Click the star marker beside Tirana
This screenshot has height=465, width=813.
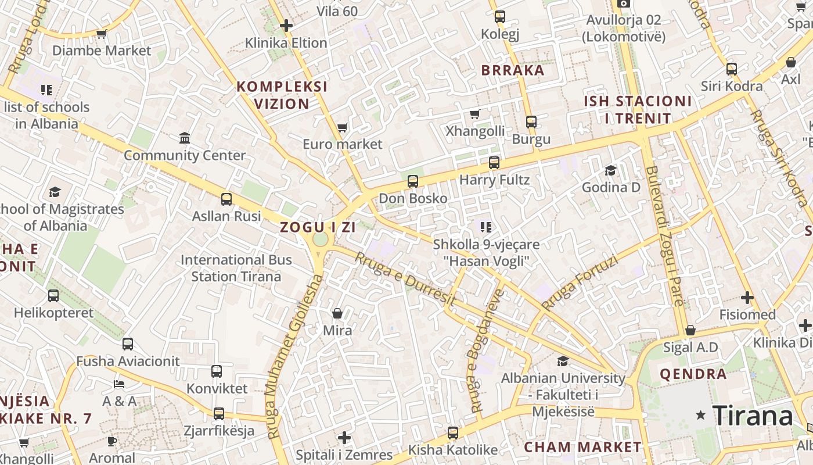point(702,415)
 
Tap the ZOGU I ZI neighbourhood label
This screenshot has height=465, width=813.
point(318,227)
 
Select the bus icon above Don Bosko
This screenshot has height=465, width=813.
point(413,181)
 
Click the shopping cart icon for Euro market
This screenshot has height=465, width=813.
point(342,127)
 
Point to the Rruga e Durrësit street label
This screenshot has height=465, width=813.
point(405,280)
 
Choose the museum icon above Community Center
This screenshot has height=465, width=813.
point(185,138)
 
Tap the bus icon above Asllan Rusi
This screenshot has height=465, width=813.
point(226,199)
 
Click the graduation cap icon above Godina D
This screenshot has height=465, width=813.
point(610,170)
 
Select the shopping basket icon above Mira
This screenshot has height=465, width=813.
point(337,314)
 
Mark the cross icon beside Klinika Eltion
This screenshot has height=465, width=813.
point(286,26)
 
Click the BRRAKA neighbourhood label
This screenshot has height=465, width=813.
point(513,71)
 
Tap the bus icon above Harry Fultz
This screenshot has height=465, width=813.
point(494,163)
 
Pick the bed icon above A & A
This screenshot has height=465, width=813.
point(119,384)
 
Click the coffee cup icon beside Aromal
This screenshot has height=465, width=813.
point(112,442)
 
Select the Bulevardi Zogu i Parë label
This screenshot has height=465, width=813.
point(664,235)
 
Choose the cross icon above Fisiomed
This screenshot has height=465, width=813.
point(747,298)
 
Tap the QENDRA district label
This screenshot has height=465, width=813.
point(693,374)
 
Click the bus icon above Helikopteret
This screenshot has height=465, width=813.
point(53,296)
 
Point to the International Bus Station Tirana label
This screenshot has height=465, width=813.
point(236,267)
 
